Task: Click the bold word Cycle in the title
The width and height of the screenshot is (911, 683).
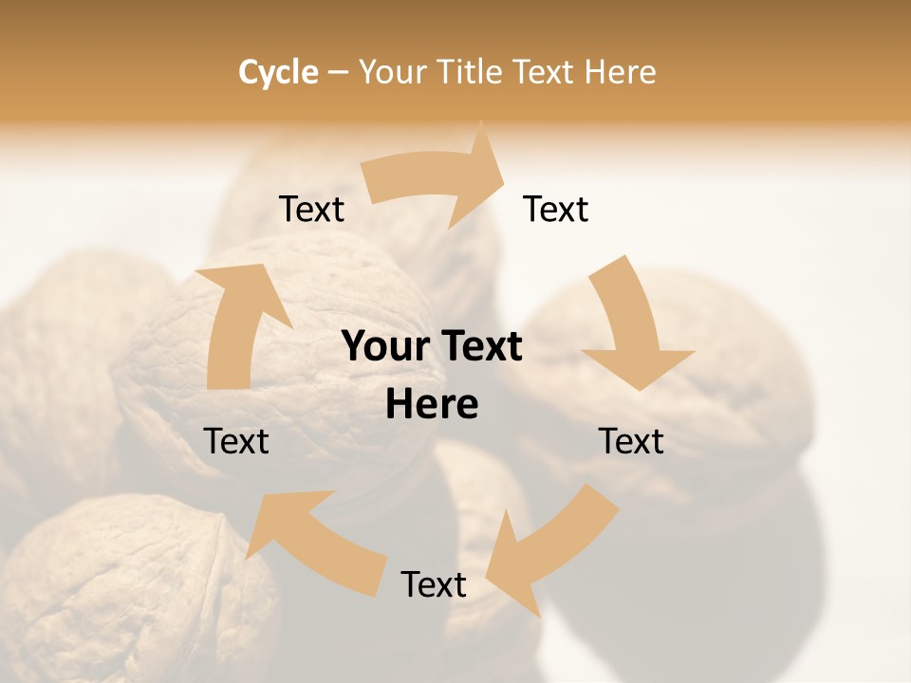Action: [278, 72]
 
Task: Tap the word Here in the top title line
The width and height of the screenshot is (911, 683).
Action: [621, 72]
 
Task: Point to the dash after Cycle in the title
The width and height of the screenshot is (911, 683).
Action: [338, 73]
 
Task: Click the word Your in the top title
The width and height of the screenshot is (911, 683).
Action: [392, 72]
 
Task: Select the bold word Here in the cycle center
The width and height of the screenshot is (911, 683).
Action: [432, 405]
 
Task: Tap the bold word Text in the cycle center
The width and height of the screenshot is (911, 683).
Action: [480, 347]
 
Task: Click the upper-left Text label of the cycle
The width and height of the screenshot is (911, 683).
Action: [311, 210]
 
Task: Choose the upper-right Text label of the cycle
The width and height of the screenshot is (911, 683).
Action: [556, 210]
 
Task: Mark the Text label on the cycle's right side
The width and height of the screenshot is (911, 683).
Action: [631, 441]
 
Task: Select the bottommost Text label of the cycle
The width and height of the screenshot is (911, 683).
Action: [434, 584]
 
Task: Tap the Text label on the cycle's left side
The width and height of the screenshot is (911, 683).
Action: [236, 441]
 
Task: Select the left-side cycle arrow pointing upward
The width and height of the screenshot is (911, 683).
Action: [237, 323]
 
